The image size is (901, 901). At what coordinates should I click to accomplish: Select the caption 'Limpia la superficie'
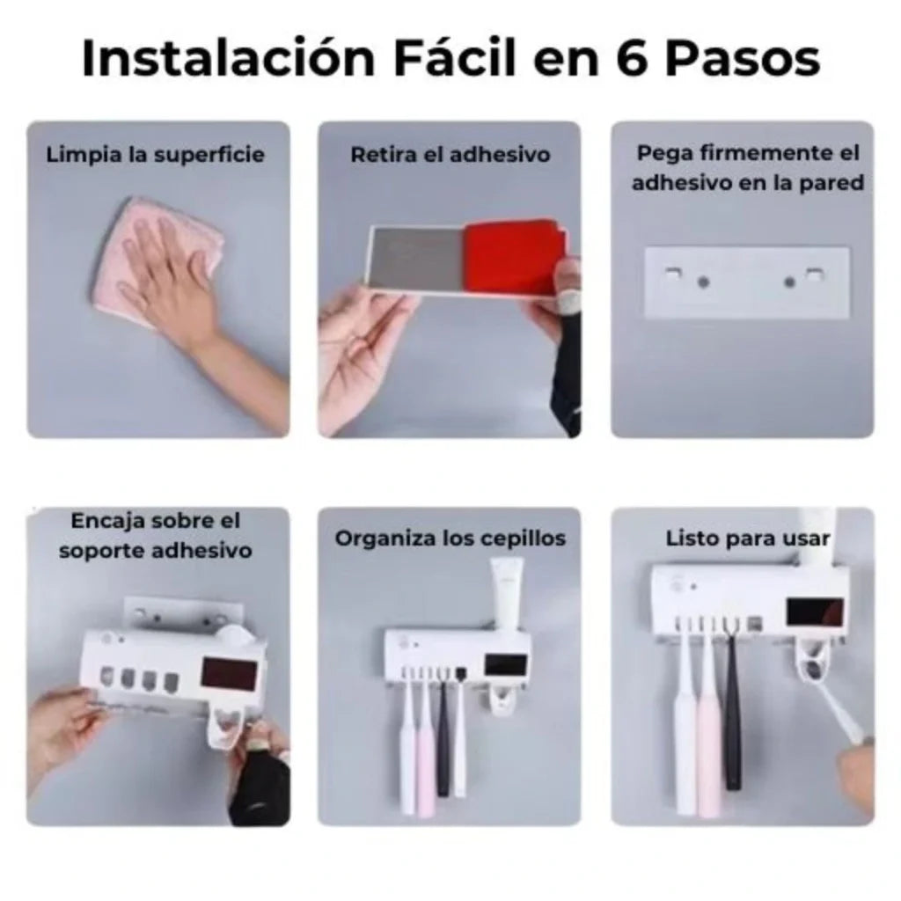coord(156,156)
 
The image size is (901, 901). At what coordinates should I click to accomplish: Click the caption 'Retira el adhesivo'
coord(450,156)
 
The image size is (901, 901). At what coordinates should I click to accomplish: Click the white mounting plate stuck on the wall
coord(746,282)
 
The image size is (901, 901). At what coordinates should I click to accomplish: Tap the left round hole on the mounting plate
coord(702,282)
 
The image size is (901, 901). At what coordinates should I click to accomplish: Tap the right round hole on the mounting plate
coord(789,282)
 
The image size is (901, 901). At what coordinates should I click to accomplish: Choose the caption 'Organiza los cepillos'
coord(450,538)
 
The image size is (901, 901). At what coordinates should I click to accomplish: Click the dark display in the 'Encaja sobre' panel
coord(231,674)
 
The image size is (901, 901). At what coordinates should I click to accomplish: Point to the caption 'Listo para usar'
coord(747,538)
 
